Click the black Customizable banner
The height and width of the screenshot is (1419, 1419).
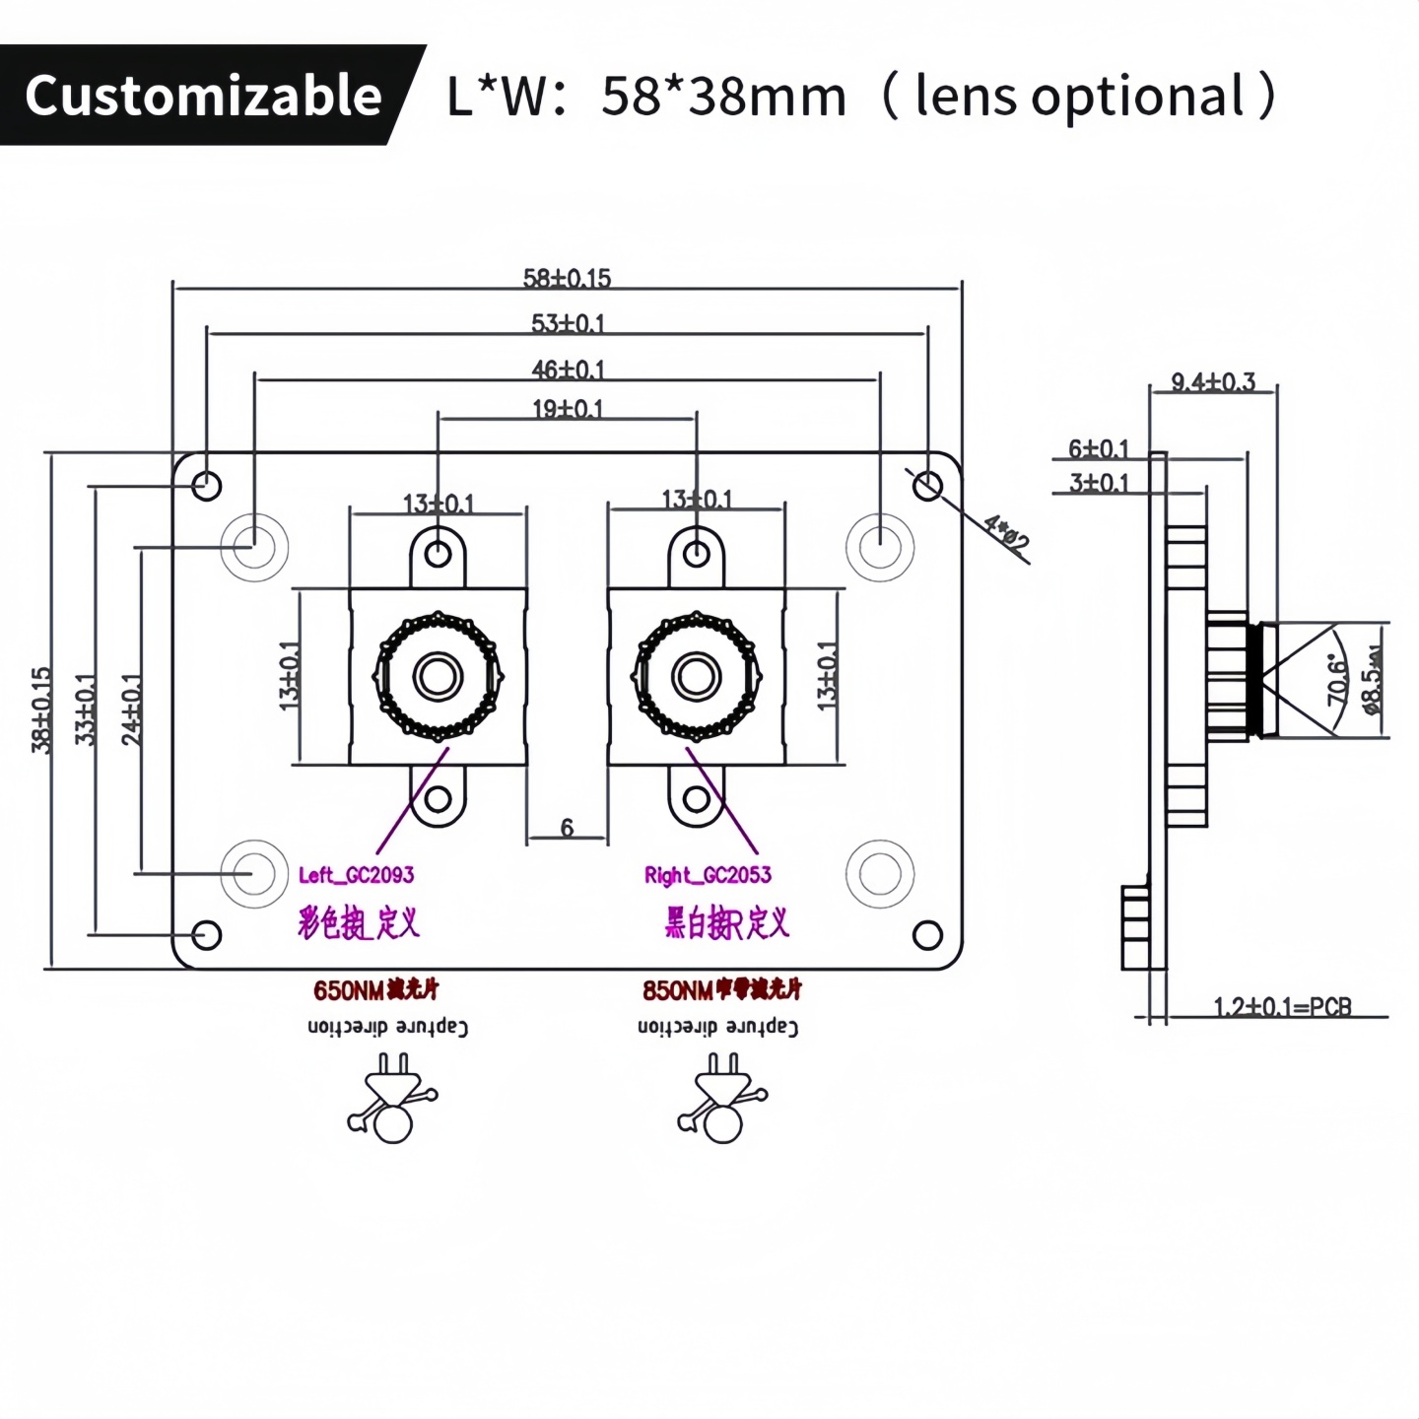[202, 96]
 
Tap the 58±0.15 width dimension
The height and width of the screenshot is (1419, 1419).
[567, 278]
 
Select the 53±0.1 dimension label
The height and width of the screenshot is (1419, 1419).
[568, 323]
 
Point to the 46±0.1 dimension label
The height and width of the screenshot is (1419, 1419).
[568, 370]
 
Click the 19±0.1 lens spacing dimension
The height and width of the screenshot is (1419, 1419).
[568, 408]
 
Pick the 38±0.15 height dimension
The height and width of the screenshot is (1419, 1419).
[40, 709]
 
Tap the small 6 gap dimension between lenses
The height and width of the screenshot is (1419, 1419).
[567, 828]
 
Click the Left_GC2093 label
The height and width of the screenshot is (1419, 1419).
[356, 875]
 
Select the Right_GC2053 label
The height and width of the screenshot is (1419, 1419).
[708, 875]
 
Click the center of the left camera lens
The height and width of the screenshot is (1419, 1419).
[438, 677]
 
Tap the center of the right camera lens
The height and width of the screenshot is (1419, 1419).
[697, 677]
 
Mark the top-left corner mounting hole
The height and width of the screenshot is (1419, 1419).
[207, 485]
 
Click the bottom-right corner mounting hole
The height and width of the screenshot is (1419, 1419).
[927, 934]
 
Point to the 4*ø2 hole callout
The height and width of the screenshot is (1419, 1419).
[1006, 533]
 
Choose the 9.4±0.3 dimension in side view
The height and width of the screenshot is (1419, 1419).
[1213, 381]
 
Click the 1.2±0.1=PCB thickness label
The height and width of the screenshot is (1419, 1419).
[1282, 1006]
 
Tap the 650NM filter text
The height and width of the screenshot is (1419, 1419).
[375, 989]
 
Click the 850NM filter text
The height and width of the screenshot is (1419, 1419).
[721, 989]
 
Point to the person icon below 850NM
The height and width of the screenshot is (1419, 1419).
[721, 1098]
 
